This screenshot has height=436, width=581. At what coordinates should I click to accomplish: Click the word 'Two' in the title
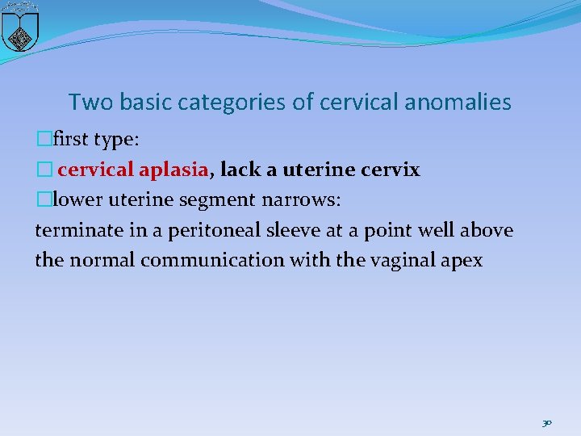tap(86, 103)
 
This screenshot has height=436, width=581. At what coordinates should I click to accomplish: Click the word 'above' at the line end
tap(487, 231)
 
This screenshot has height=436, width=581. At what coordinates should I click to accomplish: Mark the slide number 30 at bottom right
tap(546, 422)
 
